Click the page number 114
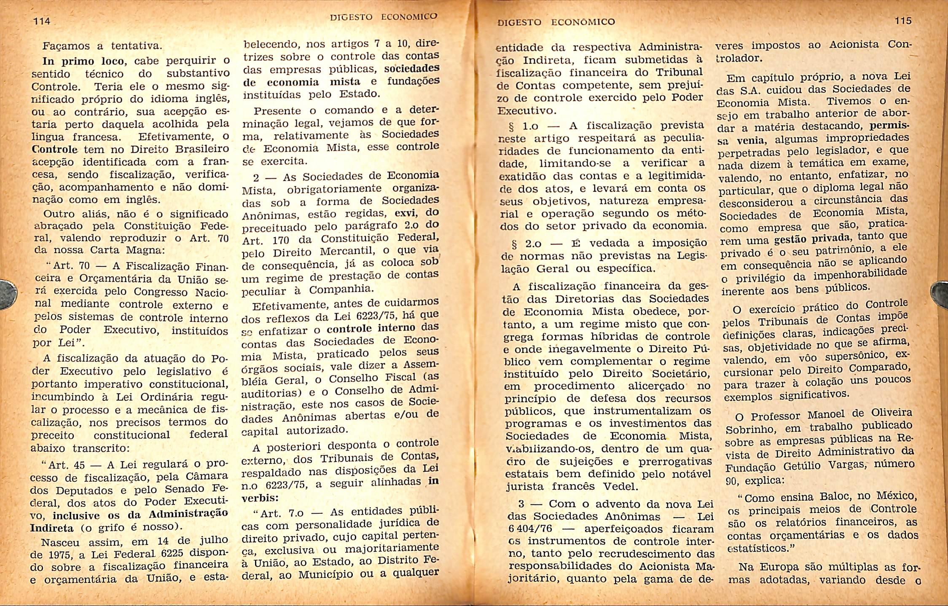pos(42,21)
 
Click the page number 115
pos(903,21)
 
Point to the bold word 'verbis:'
pos(260,498)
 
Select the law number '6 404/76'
pos(530,529)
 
